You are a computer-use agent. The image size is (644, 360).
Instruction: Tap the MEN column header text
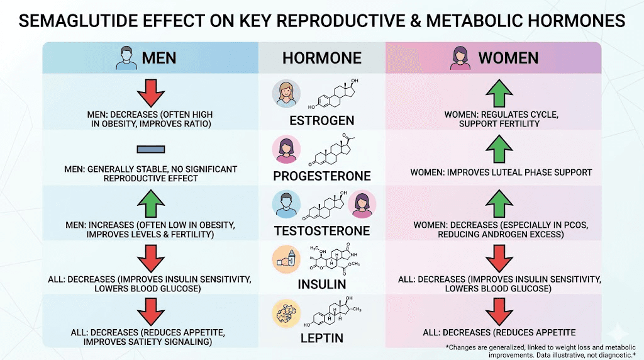(x=158, y=59)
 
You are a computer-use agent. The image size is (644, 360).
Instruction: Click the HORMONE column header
(x=321, y=59)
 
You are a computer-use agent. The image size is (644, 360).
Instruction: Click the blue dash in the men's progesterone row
(x=150, y=150)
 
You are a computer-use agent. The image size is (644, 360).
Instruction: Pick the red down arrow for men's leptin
(x=150, y=313)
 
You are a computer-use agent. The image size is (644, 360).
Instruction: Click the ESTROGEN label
(x=321, y=120)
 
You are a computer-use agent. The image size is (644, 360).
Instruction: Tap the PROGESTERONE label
(x=321, y=175)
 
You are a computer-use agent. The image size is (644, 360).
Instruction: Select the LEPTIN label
(x=321, y=338)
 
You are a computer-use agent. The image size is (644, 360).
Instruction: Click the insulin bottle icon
(x=286, y=259)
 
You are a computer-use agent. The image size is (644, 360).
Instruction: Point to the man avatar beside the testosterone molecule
(x=286, y=205)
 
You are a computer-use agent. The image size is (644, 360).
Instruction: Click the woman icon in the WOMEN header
(x=458, y=59)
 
